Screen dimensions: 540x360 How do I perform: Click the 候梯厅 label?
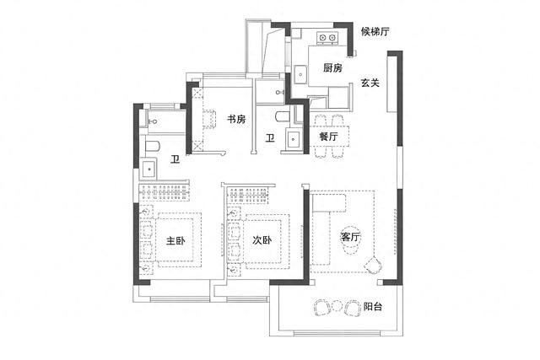click(x=375, y=32)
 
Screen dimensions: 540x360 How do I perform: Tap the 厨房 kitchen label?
click(x=332, y=67)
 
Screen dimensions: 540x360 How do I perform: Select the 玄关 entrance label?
click(x=370, y=83)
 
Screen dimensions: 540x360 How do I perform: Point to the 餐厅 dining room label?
click(x=328, y=137)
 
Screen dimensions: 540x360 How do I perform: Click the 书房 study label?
click(x=236, y=120)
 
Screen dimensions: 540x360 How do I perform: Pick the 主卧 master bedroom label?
click(x=175, y=240)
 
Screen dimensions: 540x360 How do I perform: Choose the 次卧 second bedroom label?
click(x=262, y=240)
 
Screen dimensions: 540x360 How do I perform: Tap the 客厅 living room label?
click(x=350, y=237)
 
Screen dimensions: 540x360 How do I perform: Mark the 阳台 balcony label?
click(x=373, y=306)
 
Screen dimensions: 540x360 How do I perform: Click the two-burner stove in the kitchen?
click(x=327, y=37)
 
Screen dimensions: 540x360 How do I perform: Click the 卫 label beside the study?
click(x=270, y=138)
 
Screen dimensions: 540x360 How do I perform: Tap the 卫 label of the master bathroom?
click(x=175, y=159)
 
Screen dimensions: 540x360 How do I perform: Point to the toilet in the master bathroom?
click(x=153, y=146)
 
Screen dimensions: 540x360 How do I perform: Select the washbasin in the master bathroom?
click(x=148, y=169)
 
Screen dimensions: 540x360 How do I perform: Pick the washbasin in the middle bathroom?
click(x=293, y=139)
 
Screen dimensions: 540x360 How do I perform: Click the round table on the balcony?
click(x=337, y=306)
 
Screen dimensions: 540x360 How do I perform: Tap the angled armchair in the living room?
click(x=373, y=265)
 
